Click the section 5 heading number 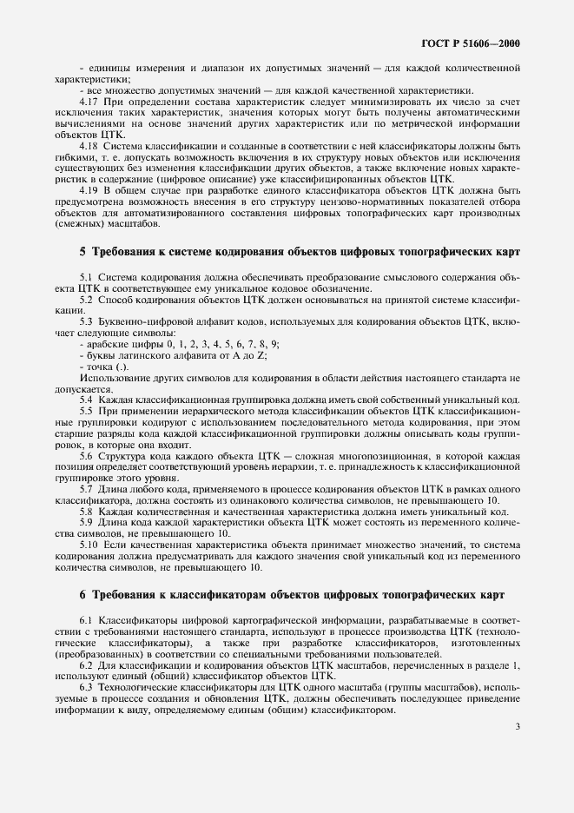[82, 252]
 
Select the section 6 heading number [82, 594]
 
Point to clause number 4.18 [89, 145]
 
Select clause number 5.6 [87, 456]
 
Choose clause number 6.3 [87, 687]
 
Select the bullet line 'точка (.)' [106, 367]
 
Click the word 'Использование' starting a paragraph [111, 380]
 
